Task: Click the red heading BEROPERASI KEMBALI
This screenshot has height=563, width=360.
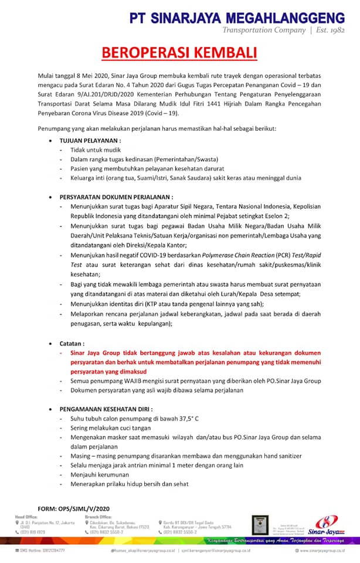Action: (x=179, y=53)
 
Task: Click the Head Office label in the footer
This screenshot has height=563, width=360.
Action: (x=26, y=516)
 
